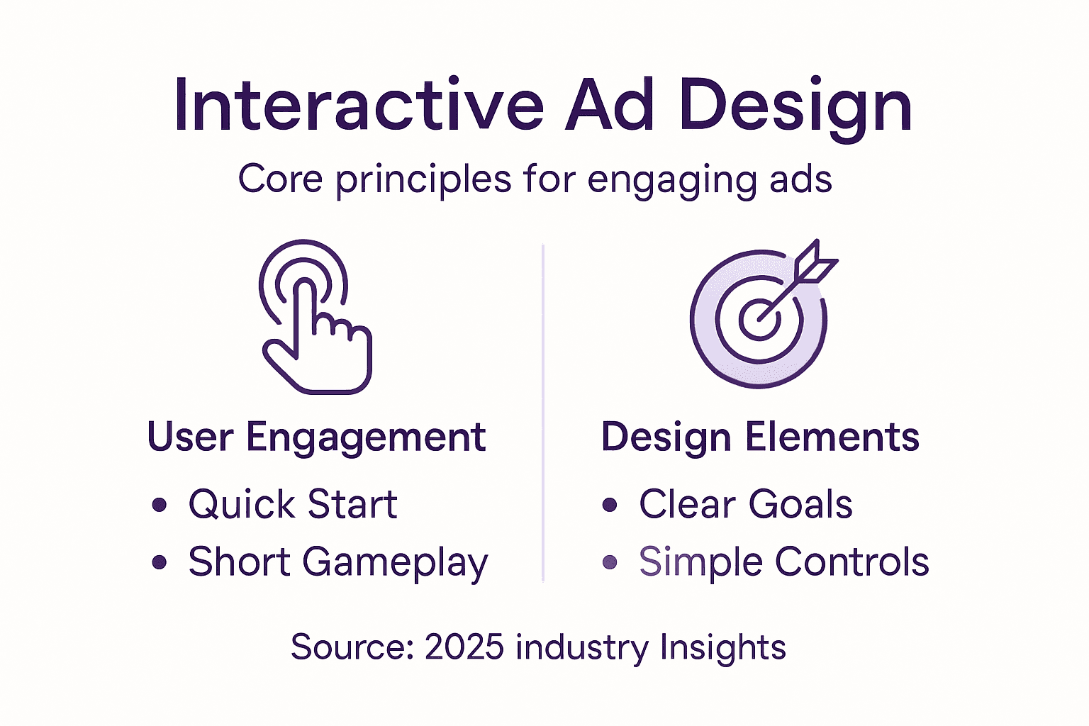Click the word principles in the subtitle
pyautogui.click(x=423, y=180)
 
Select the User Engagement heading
pyautogui.click(x=316, y=437)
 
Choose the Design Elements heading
pyautogui.click(x=760, y=437)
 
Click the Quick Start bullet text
pyautogui.click(x=292, y=505)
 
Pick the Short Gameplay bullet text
pyautogui.click(x=337, y=563)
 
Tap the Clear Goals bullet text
pyautogui.click(x=745, y=505)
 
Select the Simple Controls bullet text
pyautogui.click(x=783, y=562)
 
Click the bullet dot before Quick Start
pyautogui.click(x=160, y=505)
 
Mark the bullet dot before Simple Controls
pyautogui.click(x=610, y=563)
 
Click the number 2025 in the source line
pyautogui.click(x=464, y=647)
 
